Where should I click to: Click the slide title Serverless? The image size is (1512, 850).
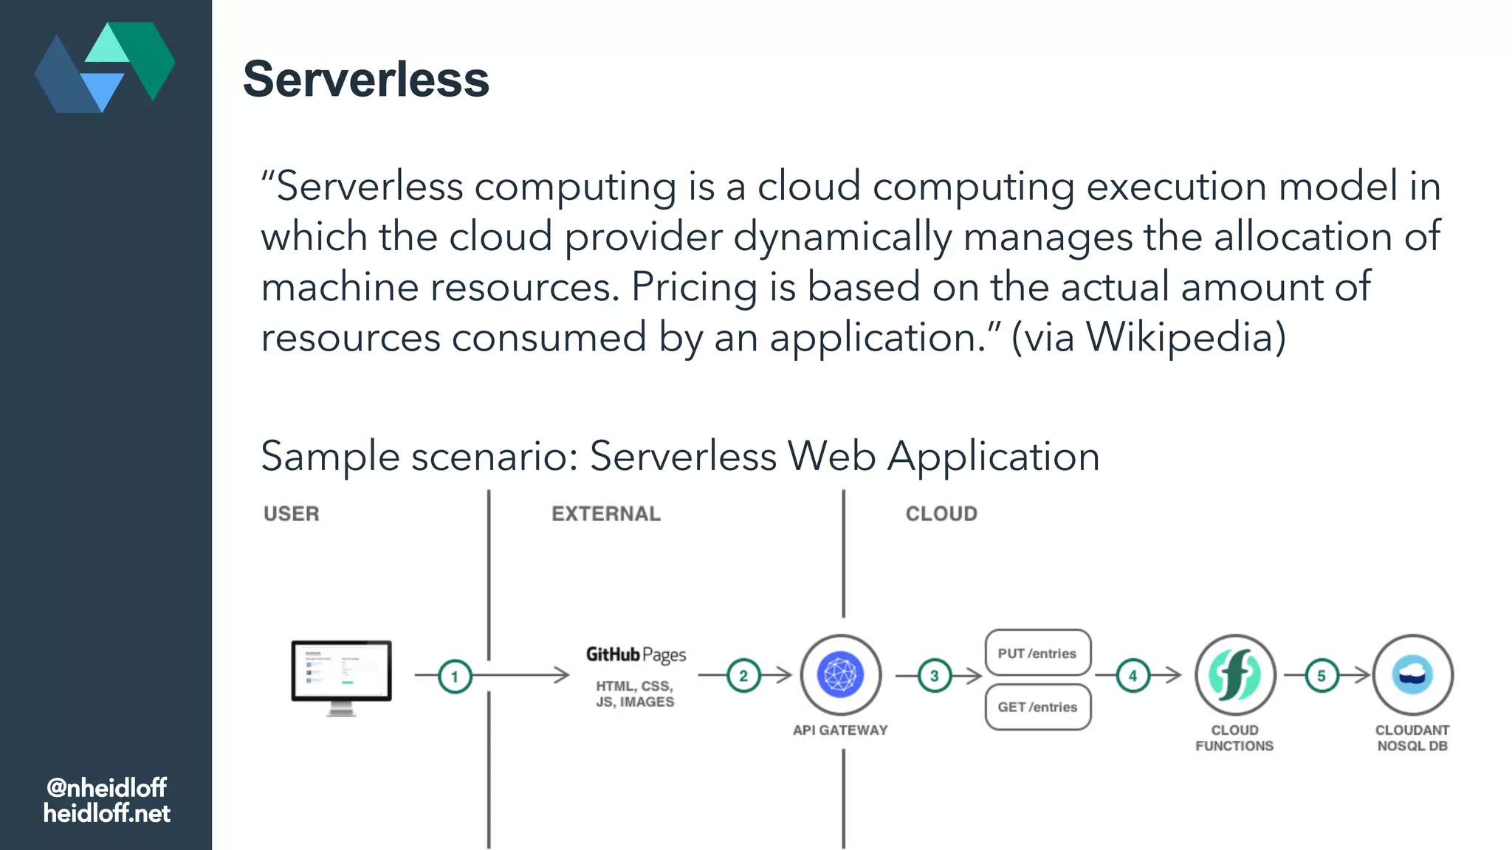point(366,79)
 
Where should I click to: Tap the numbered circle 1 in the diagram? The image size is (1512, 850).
point(455,676)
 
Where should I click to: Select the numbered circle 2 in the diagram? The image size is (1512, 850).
point(743,676)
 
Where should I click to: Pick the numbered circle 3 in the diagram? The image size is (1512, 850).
point(935,676)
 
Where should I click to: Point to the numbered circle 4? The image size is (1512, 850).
point(1133,676)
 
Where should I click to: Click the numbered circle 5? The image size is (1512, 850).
point(1322,676)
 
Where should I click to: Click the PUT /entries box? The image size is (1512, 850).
point(1037,653)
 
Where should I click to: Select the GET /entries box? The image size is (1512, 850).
point(1037,707)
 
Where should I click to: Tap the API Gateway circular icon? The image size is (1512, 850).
point(840,674)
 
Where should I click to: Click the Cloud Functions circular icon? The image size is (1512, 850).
point(1235,674)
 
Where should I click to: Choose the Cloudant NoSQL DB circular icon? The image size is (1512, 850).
point(1412,674)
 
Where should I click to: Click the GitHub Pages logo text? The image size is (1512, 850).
point(636,654)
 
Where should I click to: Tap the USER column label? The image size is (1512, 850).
point(292,514)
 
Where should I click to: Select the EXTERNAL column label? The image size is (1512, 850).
point(606,514)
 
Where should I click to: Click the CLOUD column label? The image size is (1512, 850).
point(941,514)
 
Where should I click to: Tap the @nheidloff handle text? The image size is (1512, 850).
point(106,787)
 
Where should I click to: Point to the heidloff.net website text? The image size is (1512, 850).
point(106,813)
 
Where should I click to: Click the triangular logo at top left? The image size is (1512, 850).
point(105,67)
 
